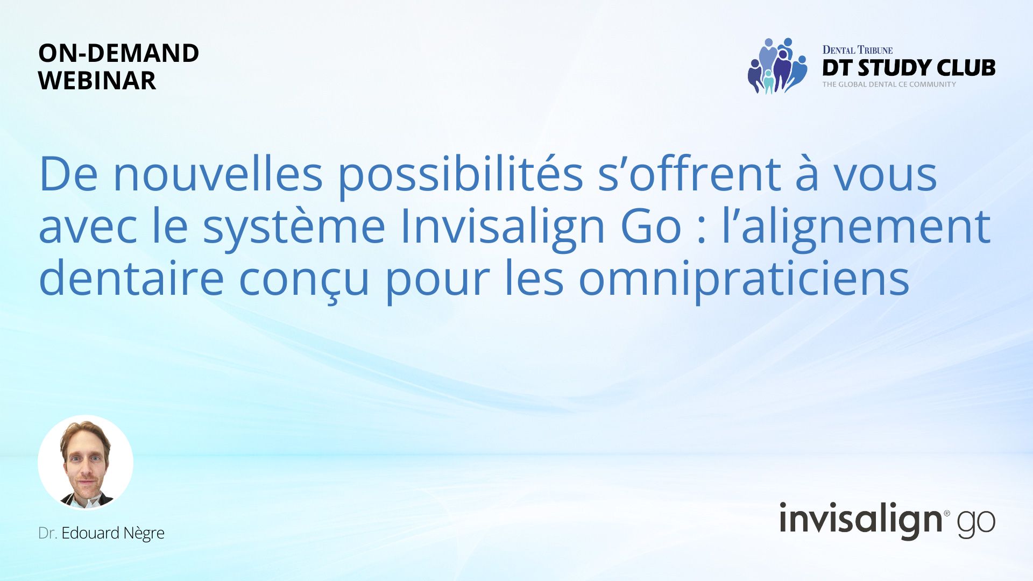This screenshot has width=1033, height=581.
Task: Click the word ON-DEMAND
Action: click(x=119, y=53)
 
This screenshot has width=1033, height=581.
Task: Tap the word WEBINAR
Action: click(x=97, y=81)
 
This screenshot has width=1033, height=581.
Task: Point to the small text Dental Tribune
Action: click(x=858, y=50)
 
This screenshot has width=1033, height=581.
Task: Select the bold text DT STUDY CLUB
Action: click(x=909, y=68)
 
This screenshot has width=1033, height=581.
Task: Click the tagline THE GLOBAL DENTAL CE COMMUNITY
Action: click(x=889, y=84)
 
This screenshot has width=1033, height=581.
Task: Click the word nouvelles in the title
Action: click(x=218, y=174)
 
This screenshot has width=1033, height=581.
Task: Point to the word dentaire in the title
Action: click(x=131, y=277)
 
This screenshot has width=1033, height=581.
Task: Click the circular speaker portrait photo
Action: click(x=86, y=463)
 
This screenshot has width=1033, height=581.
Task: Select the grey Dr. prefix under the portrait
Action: click(x=48, y=533)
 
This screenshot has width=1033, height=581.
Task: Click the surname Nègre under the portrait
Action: click(x=144, y=534)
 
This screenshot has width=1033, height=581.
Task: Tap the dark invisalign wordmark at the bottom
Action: click(x=861, y=520)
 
